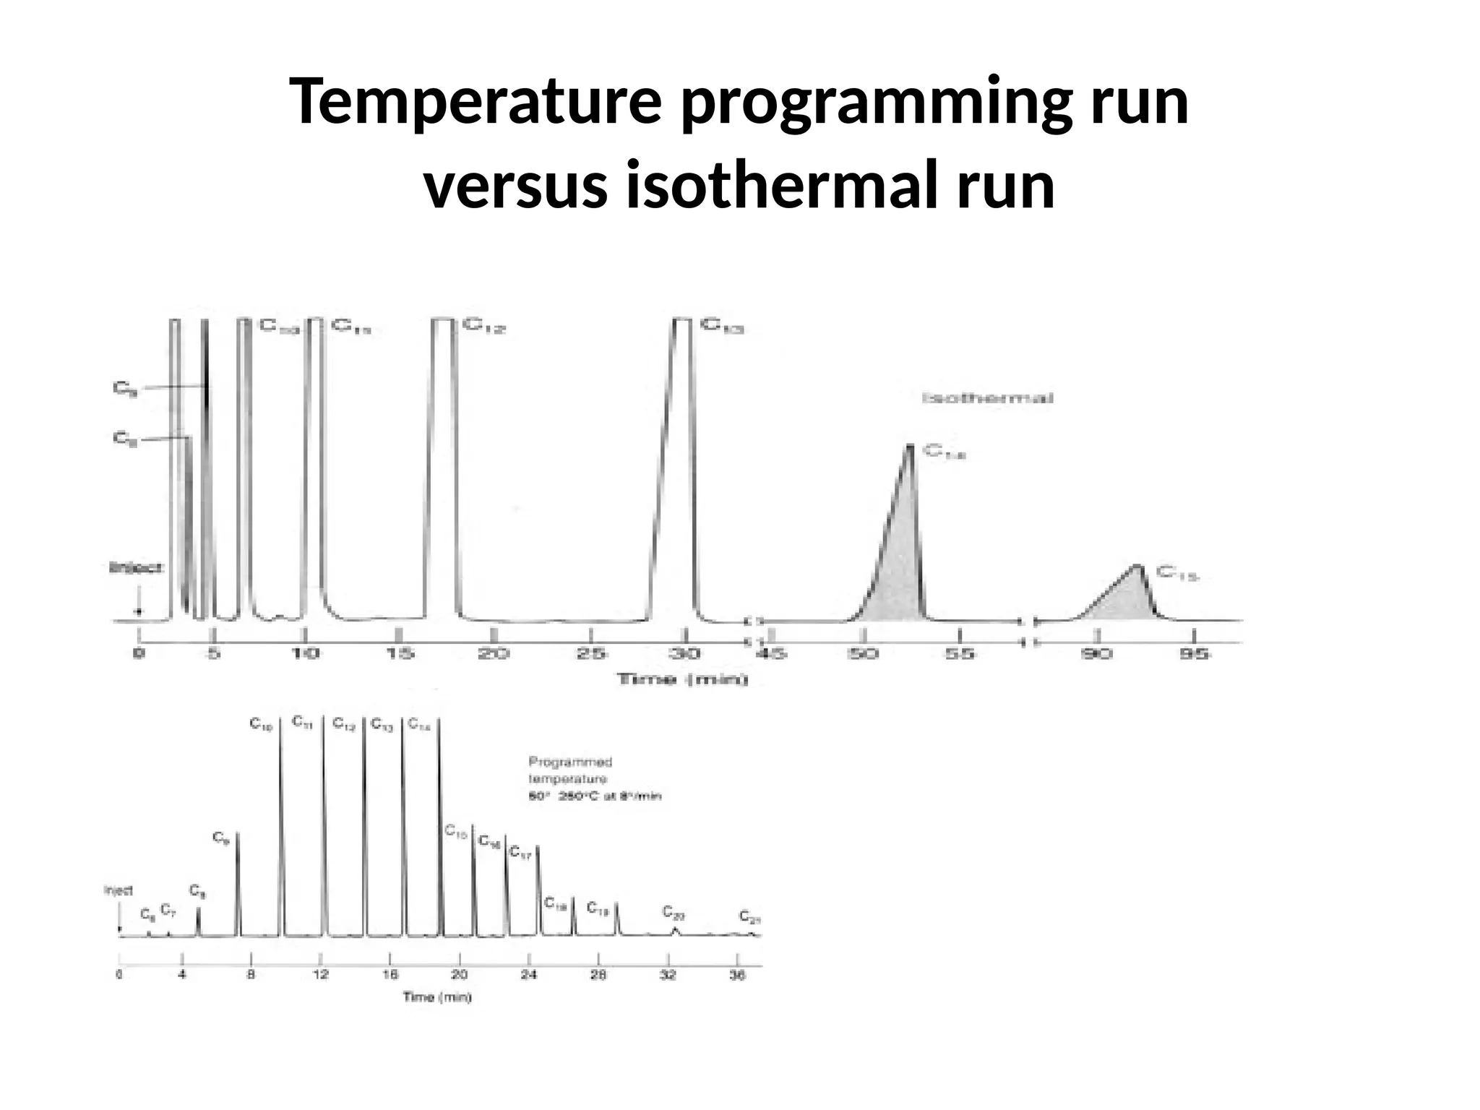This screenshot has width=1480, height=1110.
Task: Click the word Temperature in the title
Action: [474, 103]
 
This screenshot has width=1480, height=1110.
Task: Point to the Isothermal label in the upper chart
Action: [988, 398]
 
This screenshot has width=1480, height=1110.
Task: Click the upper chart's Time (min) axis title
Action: [681, 679]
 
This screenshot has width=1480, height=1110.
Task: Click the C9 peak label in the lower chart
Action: [220, 838]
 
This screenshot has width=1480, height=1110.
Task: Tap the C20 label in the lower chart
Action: [674, 912]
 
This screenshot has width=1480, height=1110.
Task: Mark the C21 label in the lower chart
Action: [749, 917]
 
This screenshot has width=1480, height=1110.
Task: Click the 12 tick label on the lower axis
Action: [321, 975]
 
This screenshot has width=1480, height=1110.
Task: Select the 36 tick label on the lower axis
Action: [736, 975]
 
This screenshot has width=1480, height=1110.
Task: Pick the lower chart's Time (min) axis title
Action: [437, 998]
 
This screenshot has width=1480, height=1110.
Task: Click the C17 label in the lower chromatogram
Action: [520, 853]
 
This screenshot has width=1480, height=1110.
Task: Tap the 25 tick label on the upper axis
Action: [592, 654]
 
